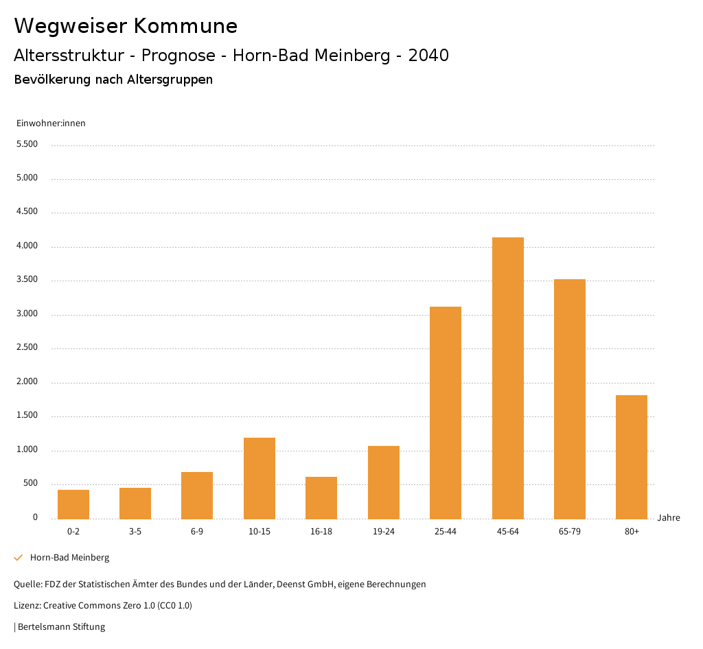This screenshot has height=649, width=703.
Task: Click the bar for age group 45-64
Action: (508, 378)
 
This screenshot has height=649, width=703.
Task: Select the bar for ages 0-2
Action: (73, 504)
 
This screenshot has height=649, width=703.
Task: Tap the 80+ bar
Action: (632, 457)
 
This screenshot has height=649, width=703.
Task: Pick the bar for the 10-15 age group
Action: (260, 478)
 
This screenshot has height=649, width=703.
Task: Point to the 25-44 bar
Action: (446, 412)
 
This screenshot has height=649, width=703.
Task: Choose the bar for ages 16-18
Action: (321, 497)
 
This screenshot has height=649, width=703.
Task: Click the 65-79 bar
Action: (570, 399)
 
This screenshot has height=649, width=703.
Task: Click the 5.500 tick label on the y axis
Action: (27, 144)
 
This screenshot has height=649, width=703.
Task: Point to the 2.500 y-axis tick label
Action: (27, 348)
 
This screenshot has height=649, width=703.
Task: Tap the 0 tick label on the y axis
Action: (35, 517)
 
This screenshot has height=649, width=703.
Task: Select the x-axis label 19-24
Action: (384, 532)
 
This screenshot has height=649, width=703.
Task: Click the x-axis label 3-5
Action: (135, 532)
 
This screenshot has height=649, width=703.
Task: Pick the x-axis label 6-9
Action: (197, 532)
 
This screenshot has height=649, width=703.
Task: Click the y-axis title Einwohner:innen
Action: (51, 123)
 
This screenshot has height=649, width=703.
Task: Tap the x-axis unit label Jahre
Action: (669, 518)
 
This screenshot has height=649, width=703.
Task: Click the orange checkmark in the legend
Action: (19, 558)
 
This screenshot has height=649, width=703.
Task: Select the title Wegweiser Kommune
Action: (126, 26)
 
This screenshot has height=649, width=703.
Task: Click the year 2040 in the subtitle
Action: (428, 56)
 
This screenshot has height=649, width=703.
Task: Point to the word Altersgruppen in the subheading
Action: (170, 80)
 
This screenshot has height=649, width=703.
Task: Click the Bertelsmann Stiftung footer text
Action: (61, 626)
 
